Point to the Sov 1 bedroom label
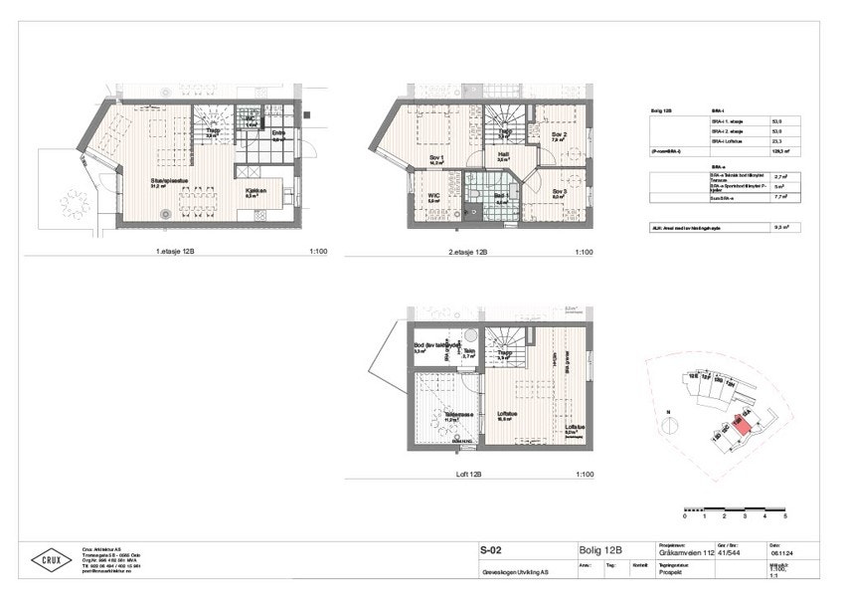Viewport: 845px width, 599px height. coord(434,157)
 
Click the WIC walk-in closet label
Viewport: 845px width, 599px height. coord(433,195)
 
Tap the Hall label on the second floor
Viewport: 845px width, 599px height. coord(503,154)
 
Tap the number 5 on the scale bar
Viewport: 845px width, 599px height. coord(785,518)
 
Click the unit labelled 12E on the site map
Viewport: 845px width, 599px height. coord(693,377)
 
